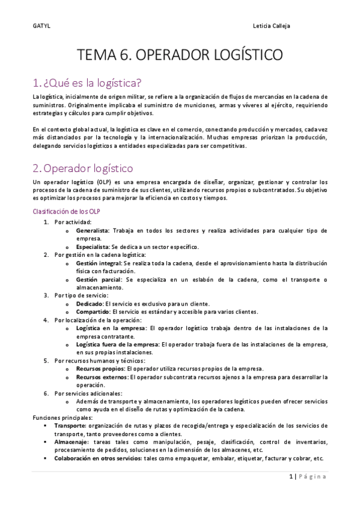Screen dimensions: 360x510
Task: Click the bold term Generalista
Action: (x=93, y=230)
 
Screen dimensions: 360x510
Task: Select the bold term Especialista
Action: (x=93, y=247)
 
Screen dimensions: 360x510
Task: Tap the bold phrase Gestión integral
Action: (x=99, y=263)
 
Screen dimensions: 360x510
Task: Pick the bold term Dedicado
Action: (x=90, y=304)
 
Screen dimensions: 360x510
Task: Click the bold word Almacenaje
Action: (x=70, y=441)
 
